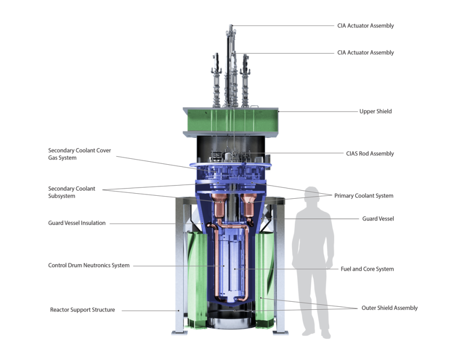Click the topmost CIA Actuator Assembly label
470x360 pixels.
tap(365, 26)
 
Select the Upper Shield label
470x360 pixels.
tap(375, 112)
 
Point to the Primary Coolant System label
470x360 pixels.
tap(364, 196)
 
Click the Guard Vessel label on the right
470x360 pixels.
tap(378, 219)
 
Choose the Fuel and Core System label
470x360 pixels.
tap(367, 269)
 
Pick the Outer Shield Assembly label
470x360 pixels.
tap(389, 308)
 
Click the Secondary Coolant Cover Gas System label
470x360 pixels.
tap(80, 154)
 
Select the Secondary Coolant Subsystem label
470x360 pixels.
tap(71, 192)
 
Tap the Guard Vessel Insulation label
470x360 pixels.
tap(77, 223)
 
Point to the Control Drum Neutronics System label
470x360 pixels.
tap(89, 265)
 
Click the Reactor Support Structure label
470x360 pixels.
tap(83, 310)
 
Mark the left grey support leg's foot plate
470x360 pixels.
tap(178, 333)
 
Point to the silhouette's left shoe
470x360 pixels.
tap(307, 333)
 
